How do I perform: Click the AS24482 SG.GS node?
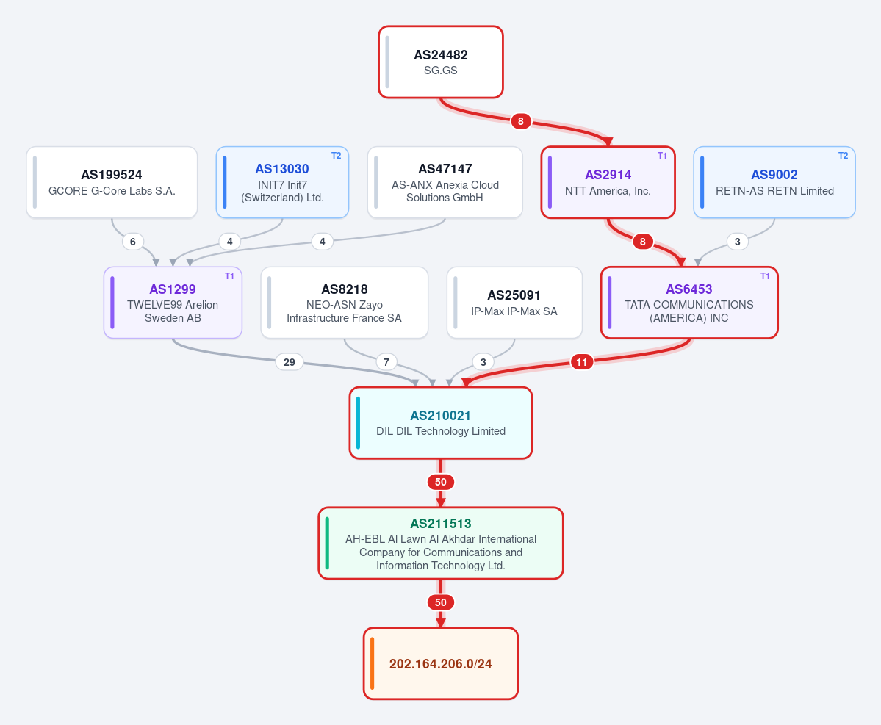[x=441, y=62]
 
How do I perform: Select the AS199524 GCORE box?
[x=112, y=182]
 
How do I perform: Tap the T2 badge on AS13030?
[x=336, y=156]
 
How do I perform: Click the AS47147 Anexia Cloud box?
[x=445, y=182]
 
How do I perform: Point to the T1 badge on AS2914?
[x=663, y=156]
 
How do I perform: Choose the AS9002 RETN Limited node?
[x=774, y=182]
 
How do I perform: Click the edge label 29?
[x=290, y=362]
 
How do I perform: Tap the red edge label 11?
[x=581, y=362]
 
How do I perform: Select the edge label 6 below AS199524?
[x=132, y=242]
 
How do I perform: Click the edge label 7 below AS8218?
[x=386, y=362]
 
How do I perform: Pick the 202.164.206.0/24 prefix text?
[x=441, y=664]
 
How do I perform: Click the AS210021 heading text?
[x=441, y=416]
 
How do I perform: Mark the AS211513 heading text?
[x=441, y=524]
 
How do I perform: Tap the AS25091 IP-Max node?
[x=514, y=303]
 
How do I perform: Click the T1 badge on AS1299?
[x=229, y=275]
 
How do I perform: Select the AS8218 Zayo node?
[x=345, y=303]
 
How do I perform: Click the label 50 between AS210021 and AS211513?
[x=441, y=482]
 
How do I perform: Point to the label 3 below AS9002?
[x=737, y=242]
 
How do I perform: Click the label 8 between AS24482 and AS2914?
[x=521, y=121]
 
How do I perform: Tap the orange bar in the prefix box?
[x=372, y=664]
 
